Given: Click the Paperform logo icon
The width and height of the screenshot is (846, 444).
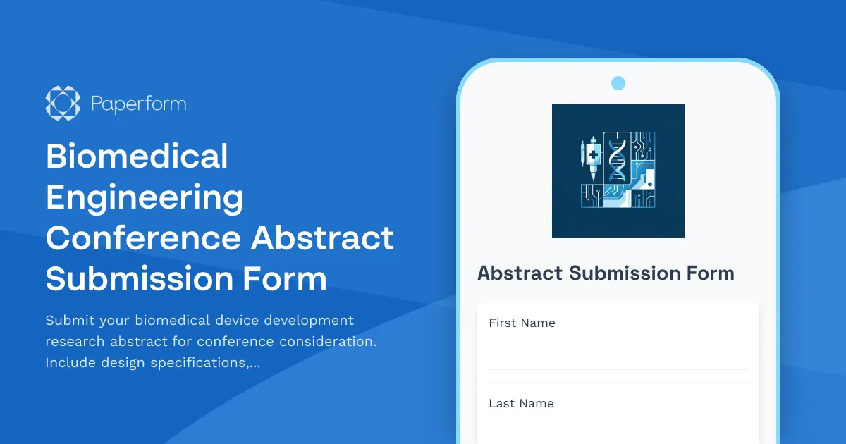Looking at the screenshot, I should point(63,104).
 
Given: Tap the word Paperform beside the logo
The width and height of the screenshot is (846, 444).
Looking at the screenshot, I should point(138,104).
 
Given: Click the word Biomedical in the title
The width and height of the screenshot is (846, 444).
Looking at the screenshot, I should point(137,156).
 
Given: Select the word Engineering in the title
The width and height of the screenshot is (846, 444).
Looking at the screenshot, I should point(145,197).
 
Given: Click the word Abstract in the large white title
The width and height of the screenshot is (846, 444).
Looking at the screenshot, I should point(322,238).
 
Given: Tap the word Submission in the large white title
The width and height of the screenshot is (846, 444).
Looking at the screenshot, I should point(137,279).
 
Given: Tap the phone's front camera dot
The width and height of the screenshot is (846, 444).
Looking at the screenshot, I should point(618,83).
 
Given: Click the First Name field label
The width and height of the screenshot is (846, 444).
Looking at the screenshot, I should point(522,323).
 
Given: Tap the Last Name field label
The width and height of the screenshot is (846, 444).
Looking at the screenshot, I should point(521,404).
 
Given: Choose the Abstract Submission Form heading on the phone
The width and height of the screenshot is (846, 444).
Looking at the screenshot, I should point(606,273).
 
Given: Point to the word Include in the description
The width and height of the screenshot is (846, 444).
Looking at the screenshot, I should point(70,363).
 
